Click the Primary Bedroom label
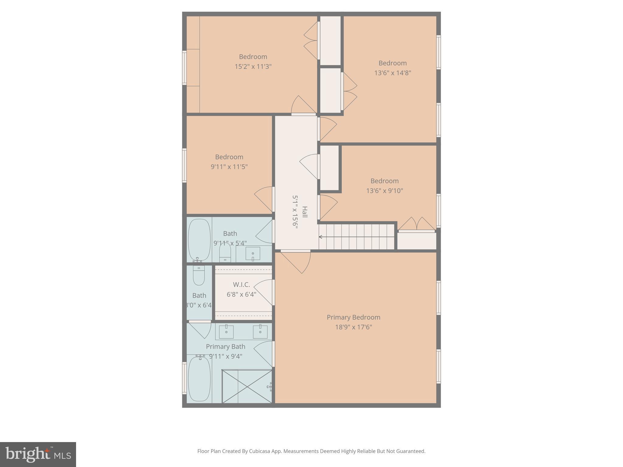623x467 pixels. tap(353, 317)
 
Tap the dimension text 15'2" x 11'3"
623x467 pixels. tap(253, 66)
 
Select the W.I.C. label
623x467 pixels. tap(241, 285)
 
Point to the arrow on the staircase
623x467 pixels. tap(321, 237)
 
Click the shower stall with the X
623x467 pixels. tap(247, 386)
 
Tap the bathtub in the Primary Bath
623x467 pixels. tap(199, 379)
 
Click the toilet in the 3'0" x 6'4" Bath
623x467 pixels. tap(199, 275)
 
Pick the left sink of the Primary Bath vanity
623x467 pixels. tap(226, 332)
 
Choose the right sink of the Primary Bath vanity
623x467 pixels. tap(260, 332)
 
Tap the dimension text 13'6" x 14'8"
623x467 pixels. tap(392, 73)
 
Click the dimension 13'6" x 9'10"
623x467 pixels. tap(384, 191)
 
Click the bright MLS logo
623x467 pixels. tap(38, 454)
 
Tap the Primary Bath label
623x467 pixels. tap(225, 347)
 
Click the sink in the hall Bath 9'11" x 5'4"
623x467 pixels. tap(253, 253)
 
